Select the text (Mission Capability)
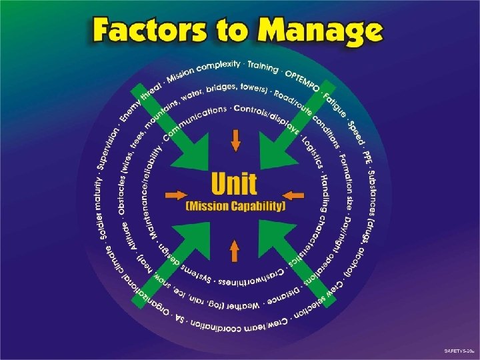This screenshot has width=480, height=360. [x=235, y=207]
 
